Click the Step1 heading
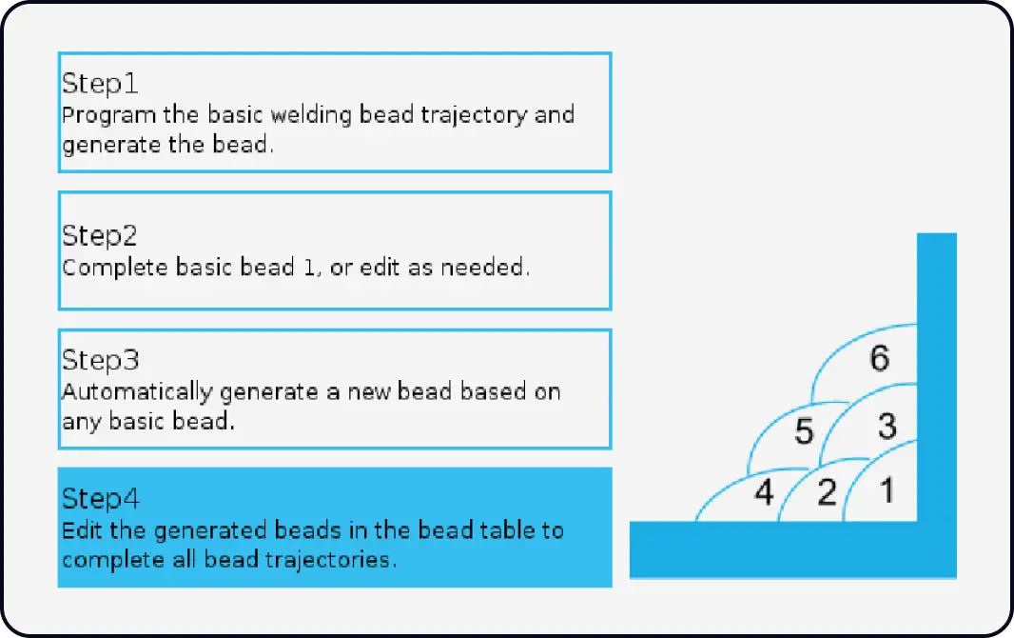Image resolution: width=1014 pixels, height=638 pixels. click(100, 84)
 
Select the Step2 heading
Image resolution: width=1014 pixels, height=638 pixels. click(100, 235)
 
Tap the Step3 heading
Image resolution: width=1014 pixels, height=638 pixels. click(100, 360)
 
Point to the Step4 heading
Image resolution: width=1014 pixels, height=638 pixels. click(100, 499)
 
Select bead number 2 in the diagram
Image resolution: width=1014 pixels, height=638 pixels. click(827, 493)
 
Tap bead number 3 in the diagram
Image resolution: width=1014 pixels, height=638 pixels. click(887, 426)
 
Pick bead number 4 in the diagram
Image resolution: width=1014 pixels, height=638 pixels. click(764, 494)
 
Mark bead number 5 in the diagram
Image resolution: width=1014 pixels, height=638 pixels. click(804, 432)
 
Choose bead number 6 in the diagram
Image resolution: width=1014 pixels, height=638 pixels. click(880, 359)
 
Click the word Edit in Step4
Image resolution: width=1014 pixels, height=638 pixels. click(77, 530)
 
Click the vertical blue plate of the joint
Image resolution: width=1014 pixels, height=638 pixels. click(936, 381)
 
